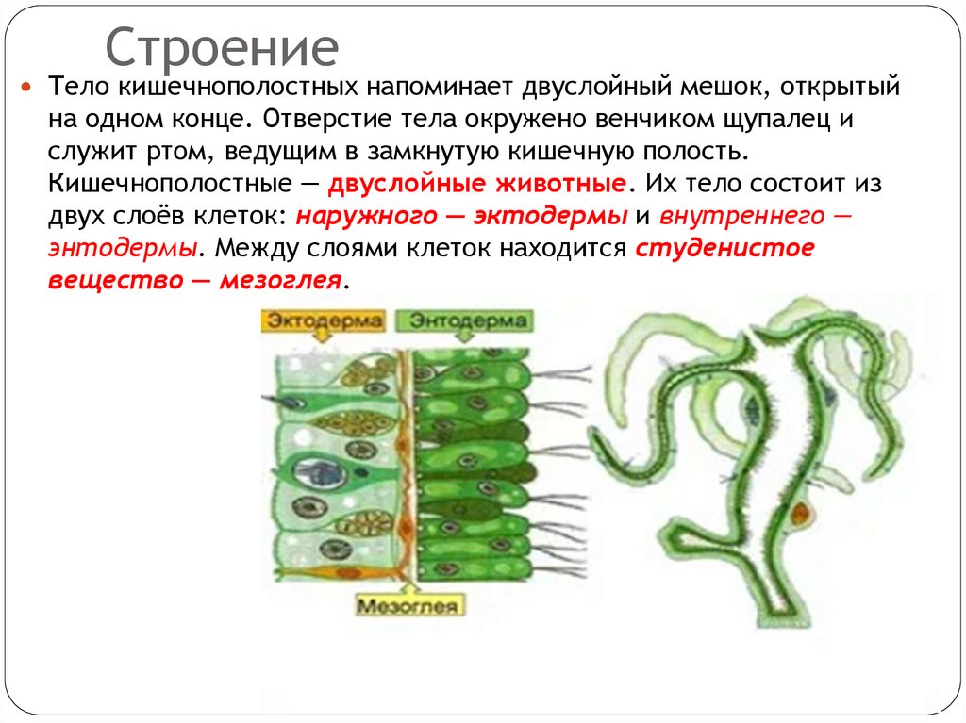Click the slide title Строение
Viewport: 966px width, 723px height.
point(221,48)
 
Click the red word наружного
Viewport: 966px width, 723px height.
point(365,216)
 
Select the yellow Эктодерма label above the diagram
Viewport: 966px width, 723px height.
point(323,321)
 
